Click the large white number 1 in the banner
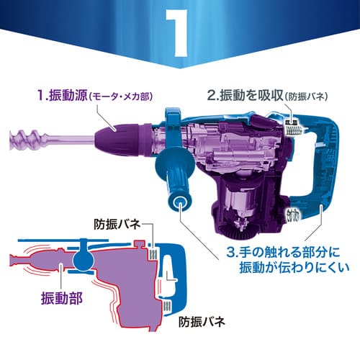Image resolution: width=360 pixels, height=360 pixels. tap(178, 33)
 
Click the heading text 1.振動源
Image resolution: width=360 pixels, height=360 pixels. tap(62, 95)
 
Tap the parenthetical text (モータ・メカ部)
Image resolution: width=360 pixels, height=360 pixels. tap(121, 96)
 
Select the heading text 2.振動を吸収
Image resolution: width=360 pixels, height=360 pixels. tap(245, 95)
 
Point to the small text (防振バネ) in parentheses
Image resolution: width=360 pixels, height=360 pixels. tap(306, 96)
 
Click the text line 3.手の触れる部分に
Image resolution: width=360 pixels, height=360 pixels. tap(283, 252)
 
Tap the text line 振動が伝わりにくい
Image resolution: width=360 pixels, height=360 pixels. tap(294, 267)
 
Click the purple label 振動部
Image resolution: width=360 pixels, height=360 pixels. tap(62, 298)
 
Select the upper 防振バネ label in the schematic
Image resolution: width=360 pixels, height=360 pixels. tap(117, 225)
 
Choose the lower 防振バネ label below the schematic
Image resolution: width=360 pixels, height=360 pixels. tap(202, 322)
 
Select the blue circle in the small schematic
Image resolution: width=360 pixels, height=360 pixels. tap(84, 259)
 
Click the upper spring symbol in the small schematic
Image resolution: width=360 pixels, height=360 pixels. tap(153, 254)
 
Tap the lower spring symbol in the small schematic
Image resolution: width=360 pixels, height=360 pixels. tap(166, 307)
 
